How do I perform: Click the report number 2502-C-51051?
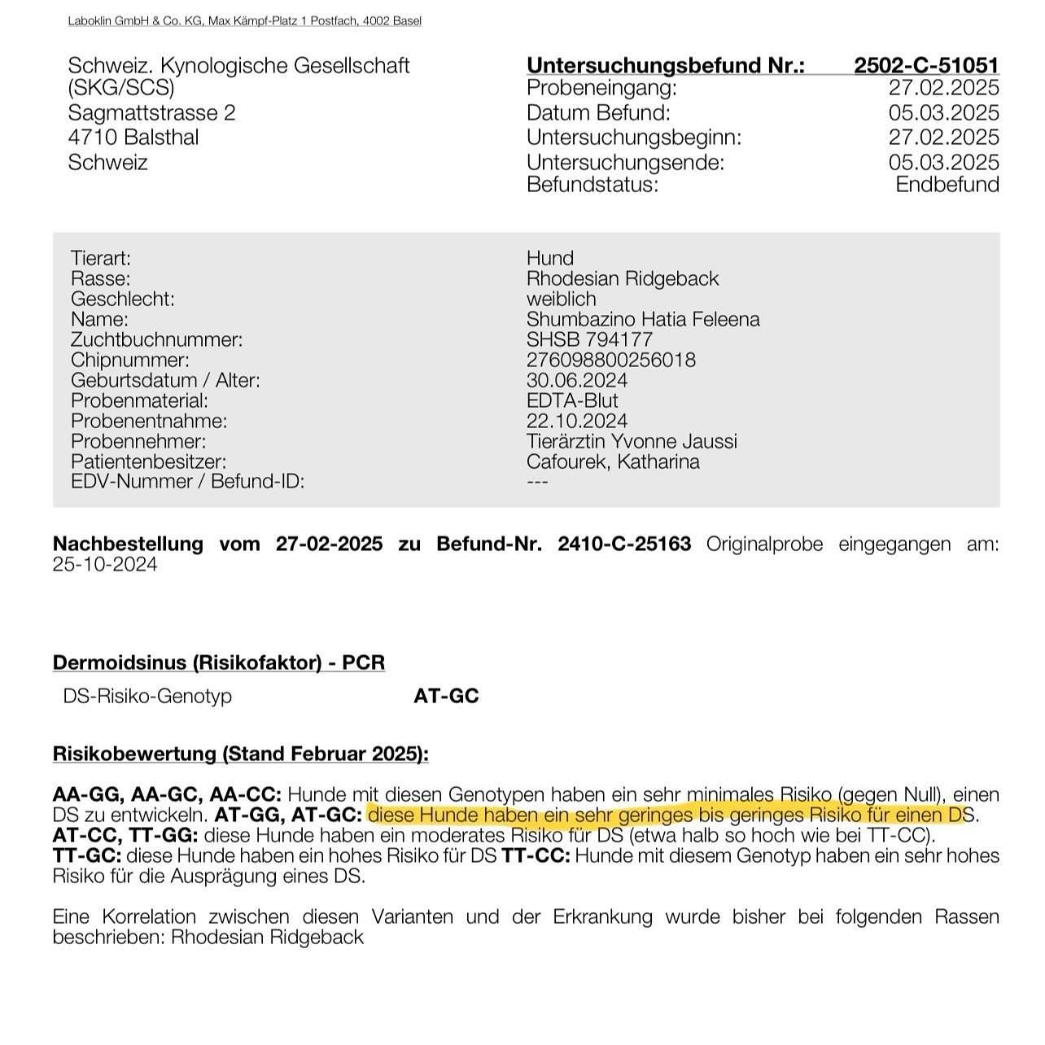click(925, 65)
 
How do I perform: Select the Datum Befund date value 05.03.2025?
click(943, 112)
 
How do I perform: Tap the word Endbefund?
click(947, 184)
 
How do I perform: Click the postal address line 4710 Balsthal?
click(133, 137)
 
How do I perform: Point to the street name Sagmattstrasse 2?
click(151, 112)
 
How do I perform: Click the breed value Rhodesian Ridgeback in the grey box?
click(623, 278)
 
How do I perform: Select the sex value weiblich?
click(561, 299)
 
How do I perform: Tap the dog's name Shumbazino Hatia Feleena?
click(643, 319)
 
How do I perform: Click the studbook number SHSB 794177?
click(589, 339)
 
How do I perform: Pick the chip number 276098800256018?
click(610, 360)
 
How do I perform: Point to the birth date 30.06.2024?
click(577, 380)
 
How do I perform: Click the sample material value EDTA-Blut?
click(572, 400)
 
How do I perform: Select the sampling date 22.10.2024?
click(577, 421)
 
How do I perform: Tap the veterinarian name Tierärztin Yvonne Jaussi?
click(632, 441)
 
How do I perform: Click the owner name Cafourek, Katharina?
click(613, 461)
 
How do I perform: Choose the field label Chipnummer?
click(130, 360)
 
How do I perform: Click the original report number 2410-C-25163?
click(624, 544)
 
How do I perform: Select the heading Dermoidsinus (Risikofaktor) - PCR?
click(218, 662)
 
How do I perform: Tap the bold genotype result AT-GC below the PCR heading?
click(446, 696)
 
